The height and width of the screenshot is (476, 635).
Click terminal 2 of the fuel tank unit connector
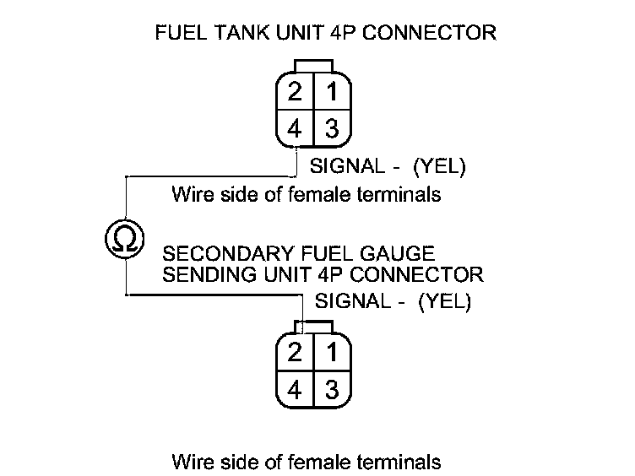tap(295, 91)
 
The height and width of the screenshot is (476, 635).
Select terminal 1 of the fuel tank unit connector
tap(331, 91)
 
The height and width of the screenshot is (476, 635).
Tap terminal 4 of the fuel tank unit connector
tap(295, 129)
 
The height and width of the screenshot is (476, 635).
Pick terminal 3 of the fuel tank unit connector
tap(331, 129)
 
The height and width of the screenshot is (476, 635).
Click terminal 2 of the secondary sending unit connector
tap(295, 352)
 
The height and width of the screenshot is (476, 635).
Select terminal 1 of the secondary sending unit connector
tap(331, 352)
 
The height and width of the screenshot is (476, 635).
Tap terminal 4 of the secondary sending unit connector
tap(295, 389)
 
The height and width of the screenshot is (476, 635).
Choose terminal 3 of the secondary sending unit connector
tap(331, 389)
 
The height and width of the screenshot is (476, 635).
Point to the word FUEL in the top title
tap(176, 34)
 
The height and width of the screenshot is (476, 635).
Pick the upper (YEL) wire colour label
tap(439, 167)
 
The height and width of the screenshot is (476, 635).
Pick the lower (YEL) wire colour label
tap(444, 300)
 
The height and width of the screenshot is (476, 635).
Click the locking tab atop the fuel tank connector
tap(313, 65)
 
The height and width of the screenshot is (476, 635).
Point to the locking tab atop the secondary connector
tap(313, 326)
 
